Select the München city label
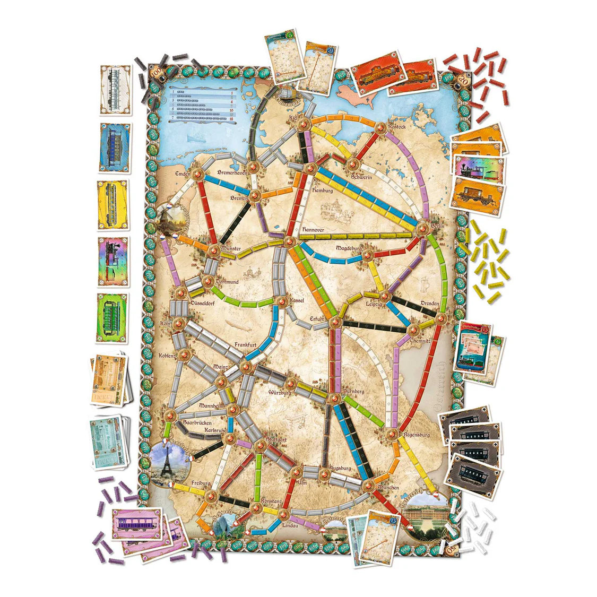click(x=389, y=487)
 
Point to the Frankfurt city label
click(x=246, y=344)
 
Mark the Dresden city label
click(x=430, y=303)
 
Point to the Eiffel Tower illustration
click(x=169, y=462)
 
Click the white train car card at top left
click(x=115, y=89)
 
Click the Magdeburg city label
click(x=348, y=248)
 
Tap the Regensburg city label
click(x=416, y=435)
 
